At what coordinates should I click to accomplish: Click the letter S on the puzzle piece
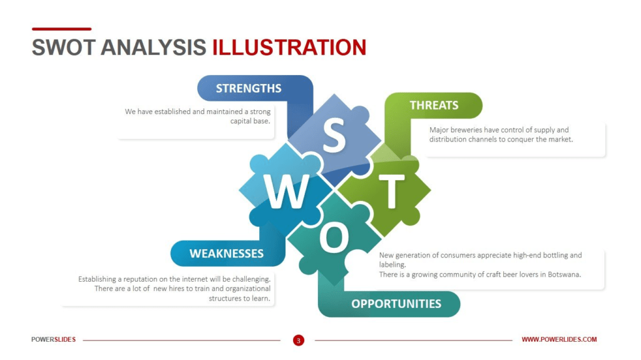334,135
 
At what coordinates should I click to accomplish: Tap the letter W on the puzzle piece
286,191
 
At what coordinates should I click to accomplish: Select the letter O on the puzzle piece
334,237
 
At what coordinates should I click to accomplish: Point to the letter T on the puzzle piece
392,192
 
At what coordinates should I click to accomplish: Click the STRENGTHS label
249,88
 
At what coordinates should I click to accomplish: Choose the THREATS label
434,106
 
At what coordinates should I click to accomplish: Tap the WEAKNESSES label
227,254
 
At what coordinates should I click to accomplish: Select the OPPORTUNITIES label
396,304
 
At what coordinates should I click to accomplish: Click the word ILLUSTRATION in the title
289,48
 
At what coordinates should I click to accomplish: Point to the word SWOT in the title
63,48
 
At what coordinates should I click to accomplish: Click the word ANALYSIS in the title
153,48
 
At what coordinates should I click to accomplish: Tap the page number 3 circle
299,340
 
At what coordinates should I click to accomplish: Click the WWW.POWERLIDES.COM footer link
559,339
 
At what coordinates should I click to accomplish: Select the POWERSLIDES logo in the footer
54,339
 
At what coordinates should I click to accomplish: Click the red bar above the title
62,29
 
